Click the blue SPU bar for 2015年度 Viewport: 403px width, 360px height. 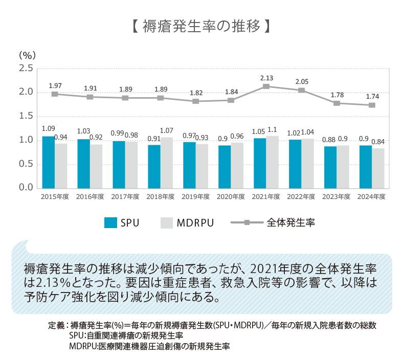click(48, 162)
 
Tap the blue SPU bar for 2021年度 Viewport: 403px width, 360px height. click(260, 163)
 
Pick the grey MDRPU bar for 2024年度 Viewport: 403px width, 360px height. click(378, 168)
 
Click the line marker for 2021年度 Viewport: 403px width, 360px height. click(266, 86)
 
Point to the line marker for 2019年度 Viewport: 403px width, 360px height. click(196, 101)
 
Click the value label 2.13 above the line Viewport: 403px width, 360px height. click(266, 78)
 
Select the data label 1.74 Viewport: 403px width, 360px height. click(372, 96)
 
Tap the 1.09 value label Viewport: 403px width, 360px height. click(48, 128)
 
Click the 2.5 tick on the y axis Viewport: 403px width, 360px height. click(26, 69)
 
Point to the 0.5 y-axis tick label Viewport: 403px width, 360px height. click(26, 164)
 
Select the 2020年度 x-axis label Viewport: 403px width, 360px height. click(231, 196)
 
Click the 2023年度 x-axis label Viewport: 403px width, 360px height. click(337, 196)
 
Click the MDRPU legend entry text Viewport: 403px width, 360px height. click(195, 222)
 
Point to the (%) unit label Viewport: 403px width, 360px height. click(27, 55)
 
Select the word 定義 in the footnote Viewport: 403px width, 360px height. click(56, 325)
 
